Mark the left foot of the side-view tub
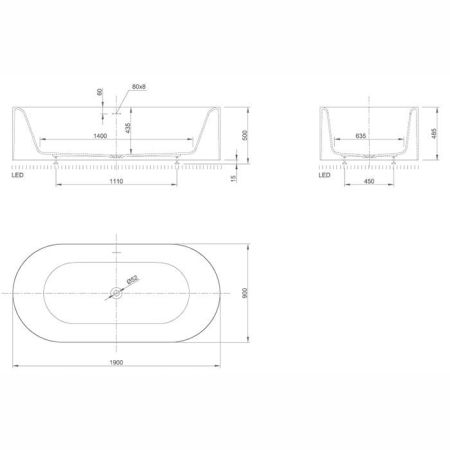[x=59, y=158]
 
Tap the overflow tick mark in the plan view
[x=117, y=254]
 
